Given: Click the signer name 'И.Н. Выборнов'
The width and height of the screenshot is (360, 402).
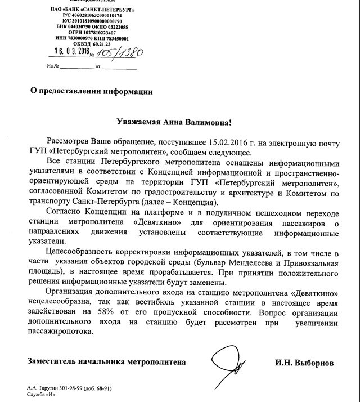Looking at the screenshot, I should click(x=304, y=363).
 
